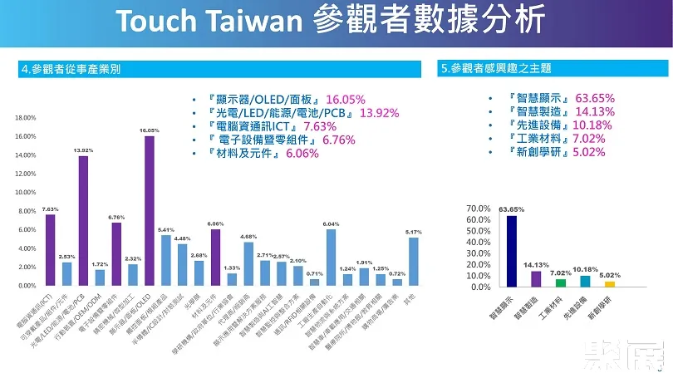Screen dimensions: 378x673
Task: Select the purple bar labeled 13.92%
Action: coord(83,220)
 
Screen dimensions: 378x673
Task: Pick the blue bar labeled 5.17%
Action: coord(414,261)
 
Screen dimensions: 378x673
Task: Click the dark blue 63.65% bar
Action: coord(511,251)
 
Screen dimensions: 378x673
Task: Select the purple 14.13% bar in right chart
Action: coord(536,278)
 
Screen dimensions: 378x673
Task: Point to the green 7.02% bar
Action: coord(561,282)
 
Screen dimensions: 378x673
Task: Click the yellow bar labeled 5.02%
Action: coord(610,283)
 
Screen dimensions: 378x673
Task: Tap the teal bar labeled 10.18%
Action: coord(585,281)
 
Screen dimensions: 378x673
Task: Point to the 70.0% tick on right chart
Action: coord(479,208)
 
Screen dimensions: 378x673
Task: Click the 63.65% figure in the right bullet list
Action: coord(592,97)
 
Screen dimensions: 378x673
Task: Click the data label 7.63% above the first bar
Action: coord(50,209)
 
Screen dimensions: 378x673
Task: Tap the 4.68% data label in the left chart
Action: coord(248,237)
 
